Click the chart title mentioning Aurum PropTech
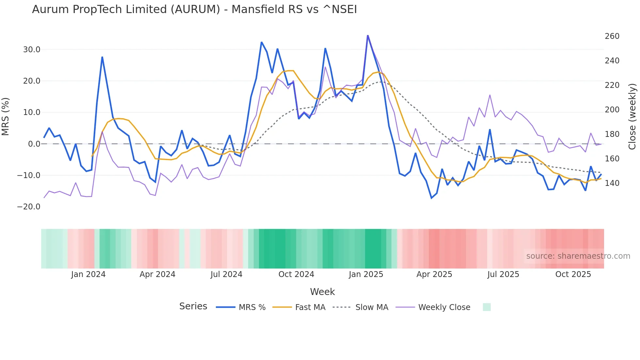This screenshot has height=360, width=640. [x=194, y=9]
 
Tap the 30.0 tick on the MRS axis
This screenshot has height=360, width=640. [x=32, y=50]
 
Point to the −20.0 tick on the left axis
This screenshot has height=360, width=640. [x=29, y=207]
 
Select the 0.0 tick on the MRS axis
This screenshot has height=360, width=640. [x=34, y=144]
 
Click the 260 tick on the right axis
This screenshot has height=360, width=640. [x=612, y=36]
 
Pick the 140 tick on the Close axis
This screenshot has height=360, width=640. [x=612, y=183]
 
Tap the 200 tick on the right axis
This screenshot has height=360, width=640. [x=612, y=110]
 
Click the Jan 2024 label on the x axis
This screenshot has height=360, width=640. [x=88, y=274]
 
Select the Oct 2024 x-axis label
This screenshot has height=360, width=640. [x=296, y=274]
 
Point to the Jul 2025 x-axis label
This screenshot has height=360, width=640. [x=503, y=274]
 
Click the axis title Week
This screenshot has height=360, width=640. [x=322, y=292]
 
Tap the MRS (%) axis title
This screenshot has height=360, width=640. [x=6, y=117]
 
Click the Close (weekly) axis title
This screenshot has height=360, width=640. [x=632, y=117]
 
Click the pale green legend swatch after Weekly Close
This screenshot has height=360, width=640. [x=487, y=307]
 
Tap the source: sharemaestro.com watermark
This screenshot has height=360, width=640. [x=578, y=256]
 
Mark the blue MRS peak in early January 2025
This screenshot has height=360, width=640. [x=368, y=35]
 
